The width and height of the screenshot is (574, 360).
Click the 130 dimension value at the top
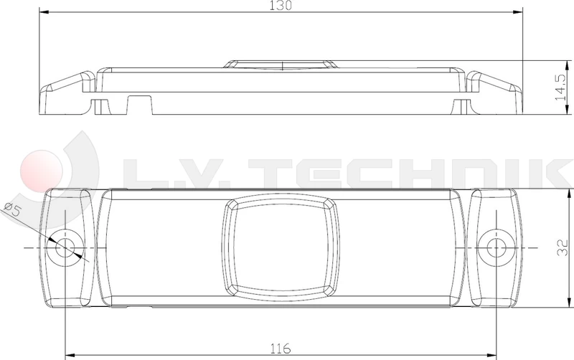point(281,6)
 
